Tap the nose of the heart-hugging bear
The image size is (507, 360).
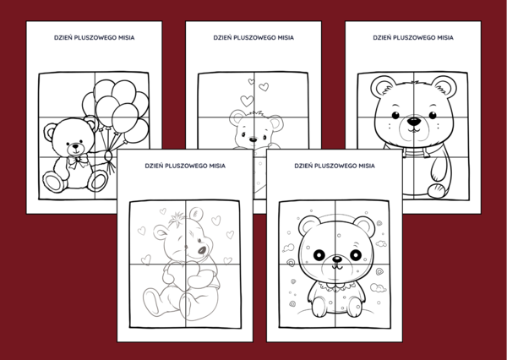[x=201, y=248]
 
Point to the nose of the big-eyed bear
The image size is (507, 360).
[x=335, y=263]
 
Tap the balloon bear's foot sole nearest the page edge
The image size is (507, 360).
[x=53, y=181]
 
